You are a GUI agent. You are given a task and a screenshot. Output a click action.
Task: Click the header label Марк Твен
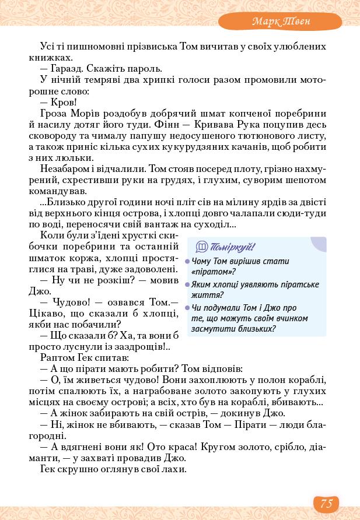(x=281, y=22)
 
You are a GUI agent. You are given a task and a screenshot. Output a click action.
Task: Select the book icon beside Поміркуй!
(x=202, y=247)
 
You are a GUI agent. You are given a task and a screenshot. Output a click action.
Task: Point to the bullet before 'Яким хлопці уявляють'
(x=188, y=285)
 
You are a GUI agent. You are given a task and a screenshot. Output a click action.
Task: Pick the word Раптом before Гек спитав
(x=57, y=357)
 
